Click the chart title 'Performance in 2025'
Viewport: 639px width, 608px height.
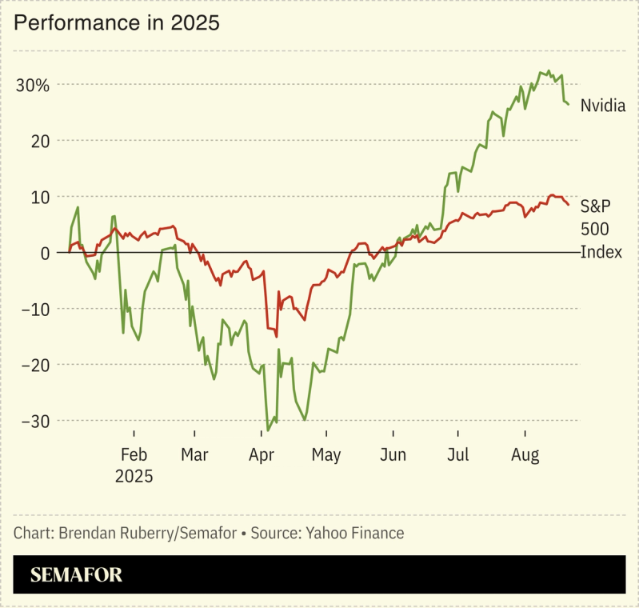[117, 23]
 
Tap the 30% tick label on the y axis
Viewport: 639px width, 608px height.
[32, 85]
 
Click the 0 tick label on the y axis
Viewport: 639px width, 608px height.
[45, 253]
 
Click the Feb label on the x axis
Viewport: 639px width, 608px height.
[134, 455]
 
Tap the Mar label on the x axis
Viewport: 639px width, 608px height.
[194, 455]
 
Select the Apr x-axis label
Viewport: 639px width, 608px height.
[262, 455]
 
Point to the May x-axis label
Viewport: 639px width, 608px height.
[325, 455]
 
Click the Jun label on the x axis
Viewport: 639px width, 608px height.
[393, 455]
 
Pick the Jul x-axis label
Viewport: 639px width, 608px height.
[457, 455]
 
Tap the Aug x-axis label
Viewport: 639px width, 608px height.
[525, 455]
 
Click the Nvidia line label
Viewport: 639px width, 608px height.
[602, 106]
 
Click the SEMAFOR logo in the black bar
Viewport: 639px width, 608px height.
[76, 575]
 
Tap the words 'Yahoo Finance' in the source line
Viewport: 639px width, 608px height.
[356, 533]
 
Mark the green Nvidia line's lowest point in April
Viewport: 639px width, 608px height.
[268, 430]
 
